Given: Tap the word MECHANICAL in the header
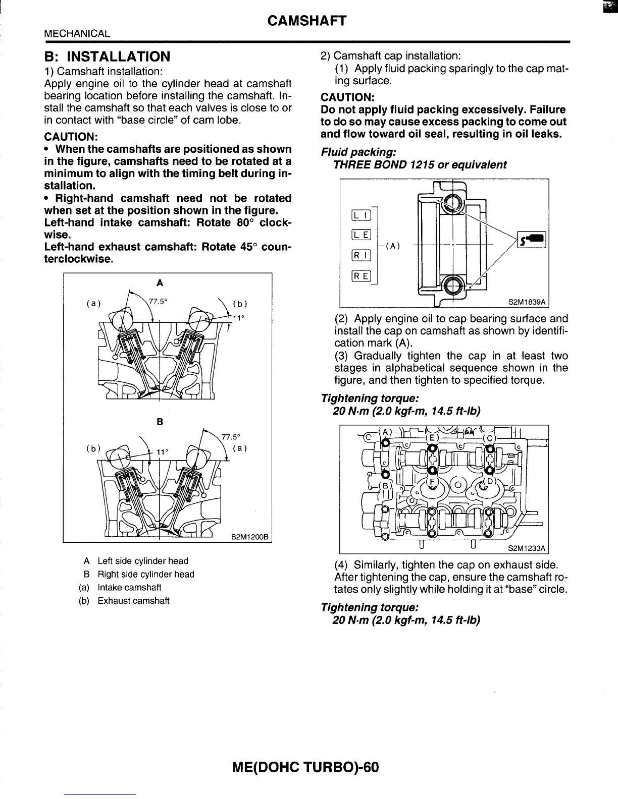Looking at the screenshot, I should [77, 34].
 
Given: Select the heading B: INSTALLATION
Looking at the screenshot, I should [107, 56].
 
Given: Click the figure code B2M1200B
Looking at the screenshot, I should [249, 536].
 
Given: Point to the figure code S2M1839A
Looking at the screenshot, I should [527, 302].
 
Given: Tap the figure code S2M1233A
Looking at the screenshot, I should [527, 548].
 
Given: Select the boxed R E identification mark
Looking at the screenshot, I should [362, 276].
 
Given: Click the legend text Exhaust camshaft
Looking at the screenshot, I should [133, 601].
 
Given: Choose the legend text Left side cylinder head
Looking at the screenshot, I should [142, 561].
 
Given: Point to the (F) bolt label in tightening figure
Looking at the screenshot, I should [433, 482].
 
